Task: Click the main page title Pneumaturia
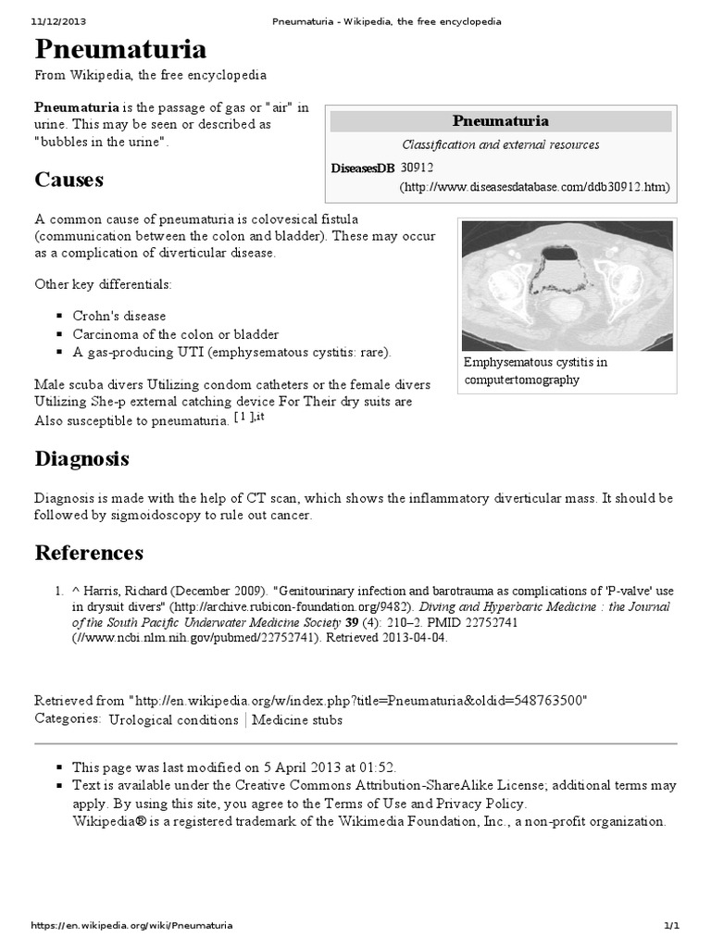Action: point(120,49)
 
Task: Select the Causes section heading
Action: point(69,179)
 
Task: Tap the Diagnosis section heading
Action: point(81,458)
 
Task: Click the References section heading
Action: point(89,553)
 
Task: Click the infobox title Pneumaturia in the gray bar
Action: point(500,121)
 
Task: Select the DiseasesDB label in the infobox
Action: point(362,168)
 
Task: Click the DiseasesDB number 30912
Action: point(418,168)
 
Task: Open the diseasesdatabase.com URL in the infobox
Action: point(534,187)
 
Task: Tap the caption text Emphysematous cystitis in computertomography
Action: point(536,370)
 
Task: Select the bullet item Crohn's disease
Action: point(119,316)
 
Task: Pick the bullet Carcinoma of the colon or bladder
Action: point(175,334)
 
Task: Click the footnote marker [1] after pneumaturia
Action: point(241,418)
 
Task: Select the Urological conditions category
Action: point(173,719)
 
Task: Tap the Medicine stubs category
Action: point(297,719)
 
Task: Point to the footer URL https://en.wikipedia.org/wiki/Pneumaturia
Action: point(131,925)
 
